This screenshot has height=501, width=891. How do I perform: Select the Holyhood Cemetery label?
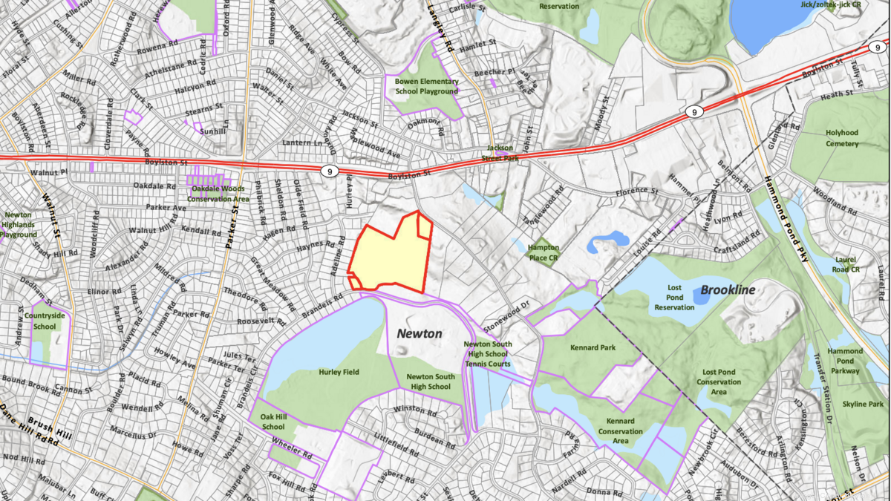pyautogui.click(x=842, y=138)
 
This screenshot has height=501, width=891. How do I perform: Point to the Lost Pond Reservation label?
pyautogui.click(x=674, y=297)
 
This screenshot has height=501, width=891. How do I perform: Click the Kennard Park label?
pyautogui.click(x=589, y=347)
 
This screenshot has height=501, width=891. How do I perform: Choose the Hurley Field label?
pyautogui.click(x=339, y=372)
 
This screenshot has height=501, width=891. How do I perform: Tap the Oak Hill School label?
pyautogui.click(x=273, y=422)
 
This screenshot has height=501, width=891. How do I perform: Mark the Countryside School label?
pyautogui.click(x=45, y=321)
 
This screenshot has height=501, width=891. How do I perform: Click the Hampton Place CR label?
pyautogui.click(x=543, y=252)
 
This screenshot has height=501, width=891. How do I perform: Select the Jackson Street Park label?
pyautogui.click(x=500, y=152)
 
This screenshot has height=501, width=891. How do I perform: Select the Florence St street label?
pyautogui.click(x=637, y=192)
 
